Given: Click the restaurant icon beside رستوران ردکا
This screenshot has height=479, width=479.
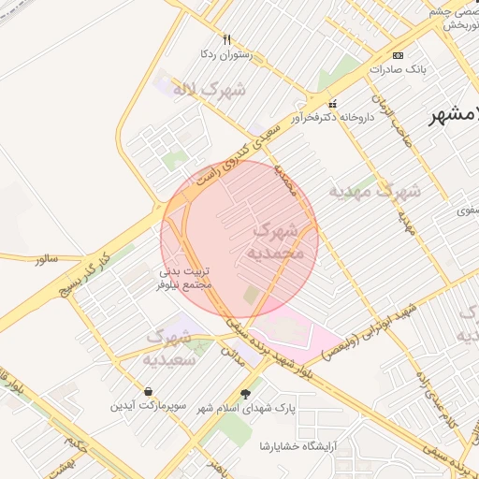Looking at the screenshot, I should (226, 39).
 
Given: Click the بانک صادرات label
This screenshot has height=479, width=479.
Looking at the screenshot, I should (398, 68).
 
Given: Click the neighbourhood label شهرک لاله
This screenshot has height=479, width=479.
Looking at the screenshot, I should (215, 91).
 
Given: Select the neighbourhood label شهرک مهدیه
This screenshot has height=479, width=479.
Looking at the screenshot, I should (374, 191).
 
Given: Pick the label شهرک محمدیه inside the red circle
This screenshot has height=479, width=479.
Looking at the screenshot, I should (277, 241).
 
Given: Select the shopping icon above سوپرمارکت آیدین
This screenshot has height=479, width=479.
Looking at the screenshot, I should (148, 391).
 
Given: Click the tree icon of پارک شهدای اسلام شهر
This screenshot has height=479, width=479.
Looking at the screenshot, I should (246, 394).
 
